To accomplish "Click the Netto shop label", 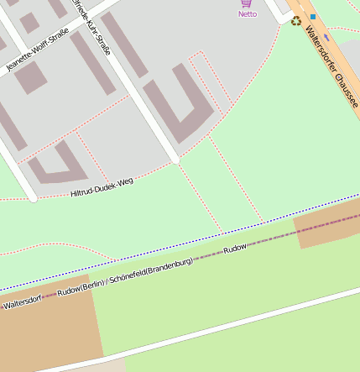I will pos(248,14).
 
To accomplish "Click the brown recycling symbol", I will pos(295,21).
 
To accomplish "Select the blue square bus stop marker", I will pos(313,16).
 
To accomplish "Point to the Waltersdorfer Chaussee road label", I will pos(331,66).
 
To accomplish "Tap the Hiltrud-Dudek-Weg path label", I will pos(102,187).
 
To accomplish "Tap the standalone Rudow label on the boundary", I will pos(235,249).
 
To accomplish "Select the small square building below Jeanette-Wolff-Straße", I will pos(31,78).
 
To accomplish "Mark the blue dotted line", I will pos(168,244).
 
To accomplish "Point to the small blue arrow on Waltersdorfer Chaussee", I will pos(326,37).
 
